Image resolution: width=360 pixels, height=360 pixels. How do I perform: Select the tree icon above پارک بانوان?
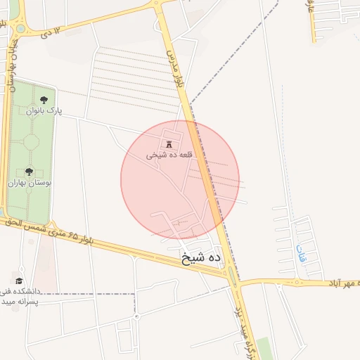pyautogui.click(x=45, y=100)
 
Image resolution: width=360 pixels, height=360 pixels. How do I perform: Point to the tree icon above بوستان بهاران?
pyautogui.click(x=29, y=171)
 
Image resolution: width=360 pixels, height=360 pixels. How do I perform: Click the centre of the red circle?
pyautogui.click(x=180, y=180)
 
